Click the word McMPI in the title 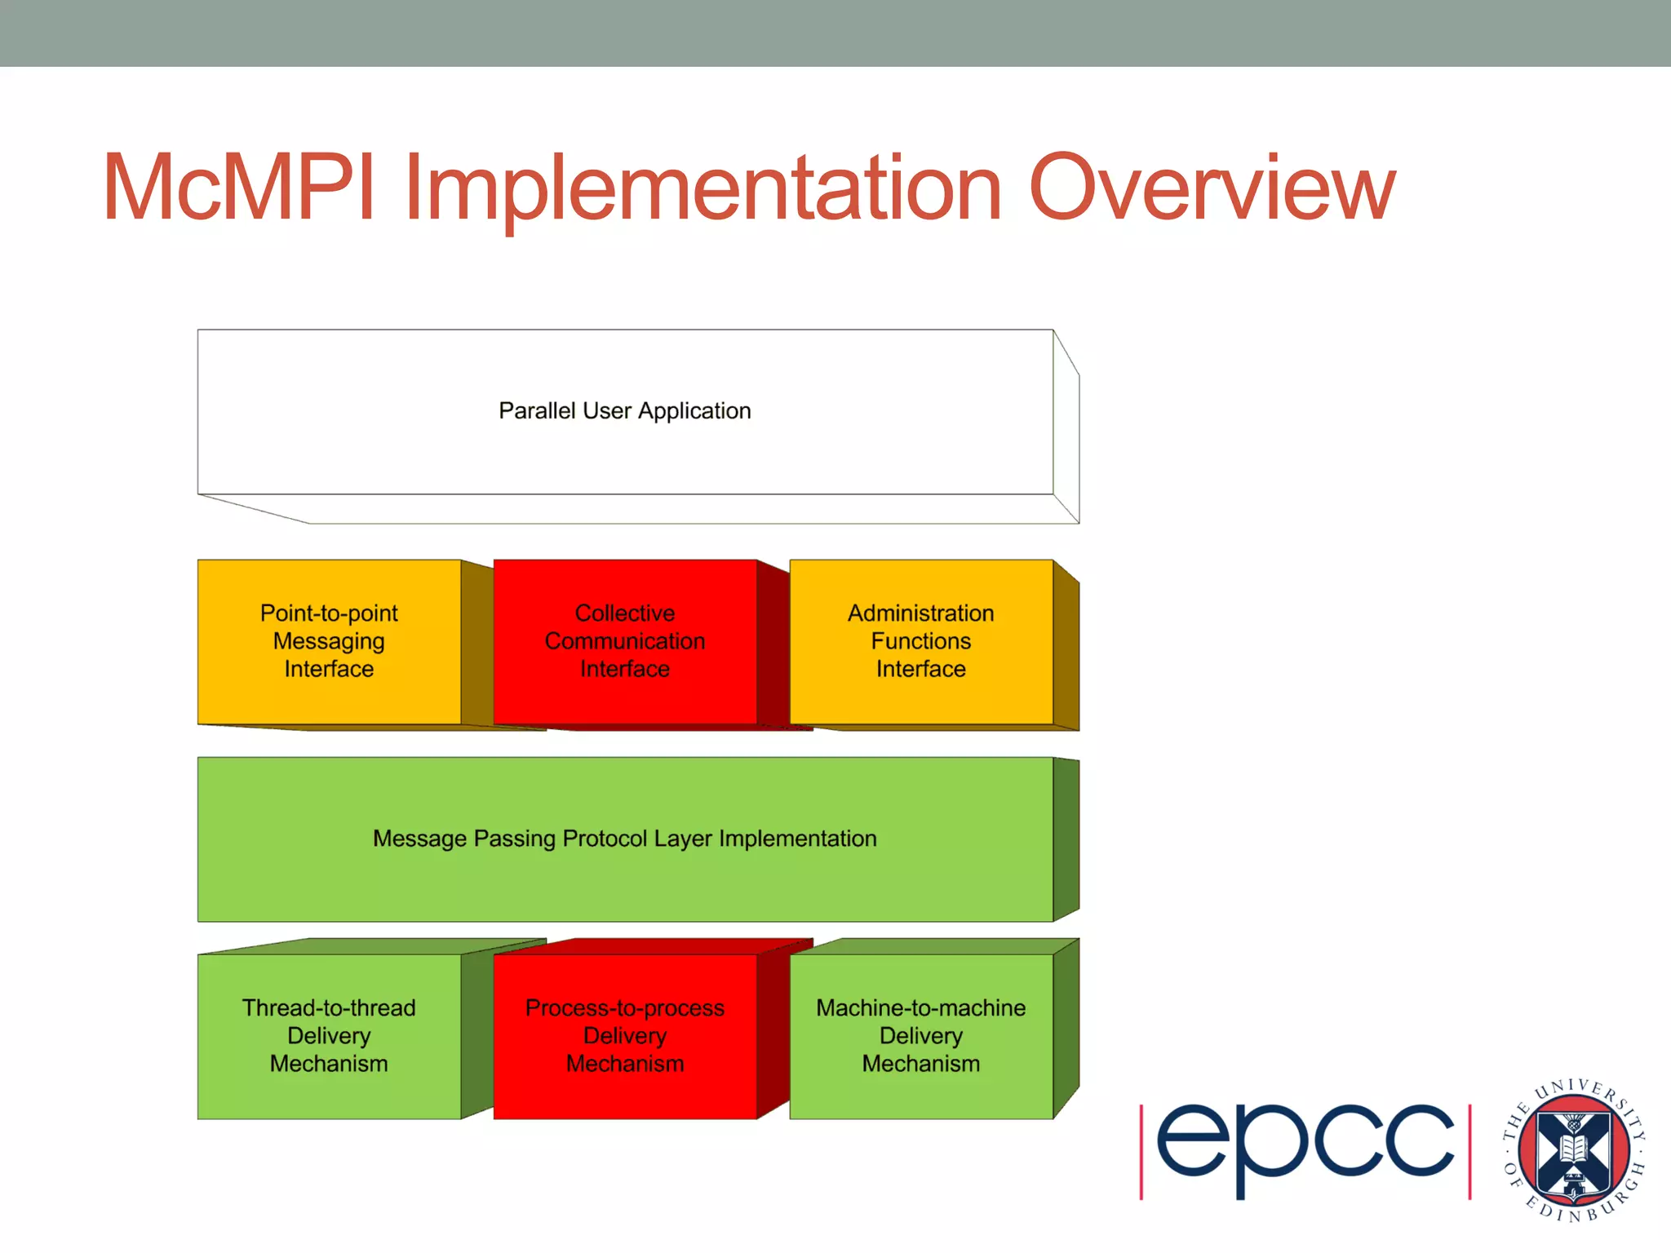(x=238, y=188)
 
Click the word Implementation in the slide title (x=702, y=189)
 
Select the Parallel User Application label (x=624, y=410)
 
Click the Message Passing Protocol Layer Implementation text (x=624, y=839)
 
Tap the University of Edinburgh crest (x=1574, y=1150)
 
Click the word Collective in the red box (x=624, y=613)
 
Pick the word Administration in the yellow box (x=920, y=613)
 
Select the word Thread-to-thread (x=329, y=1007)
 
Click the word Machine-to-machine (x=920, y=1007)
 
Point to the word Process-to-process (x=624, y=1007)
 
